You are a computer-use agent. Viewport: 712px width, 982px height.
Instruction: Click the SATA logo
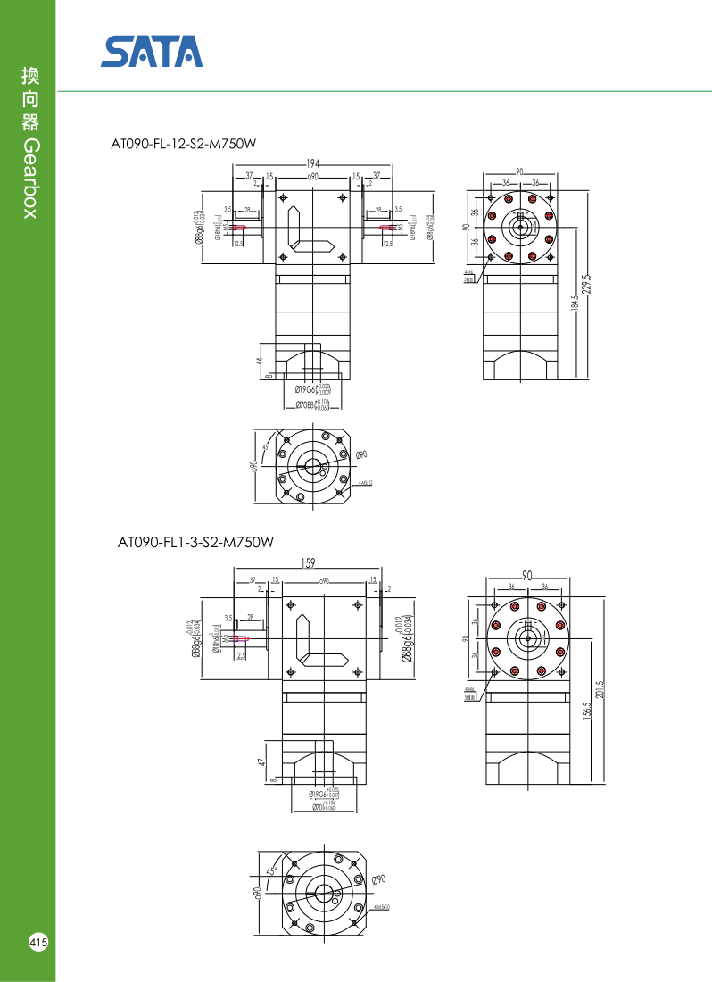[x=152, y=52]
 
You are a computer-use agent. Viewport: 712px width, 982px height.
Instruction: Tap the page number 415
[x=38, y=943]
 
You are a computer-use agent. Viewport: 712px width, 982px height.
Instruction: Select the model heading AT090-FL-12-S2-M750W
[x=177, y=144]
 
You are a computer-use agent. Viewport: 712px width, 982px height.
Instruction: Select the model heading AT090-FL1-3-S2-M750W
[x=195, y=542]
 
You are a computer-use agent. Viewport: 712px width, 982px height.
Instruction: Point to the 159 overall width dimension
[x=308, y=563]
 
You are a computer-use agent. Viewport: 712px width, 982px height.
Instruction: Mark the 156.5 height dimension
[x=587, y=714]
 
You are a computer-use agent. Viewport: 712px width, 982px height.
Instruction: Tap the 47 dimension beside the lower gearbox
[x=261, y=761]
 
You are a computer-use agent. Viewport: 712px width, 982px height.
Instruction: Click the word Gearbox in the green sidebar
[x=29, y=179]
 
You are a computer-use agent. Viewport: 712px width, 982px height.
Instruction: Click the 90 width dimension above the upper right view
[x=519, y=172]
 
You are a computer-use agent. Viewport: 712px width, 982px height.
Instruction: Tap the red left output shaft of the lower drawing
[x=238, y=638]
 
